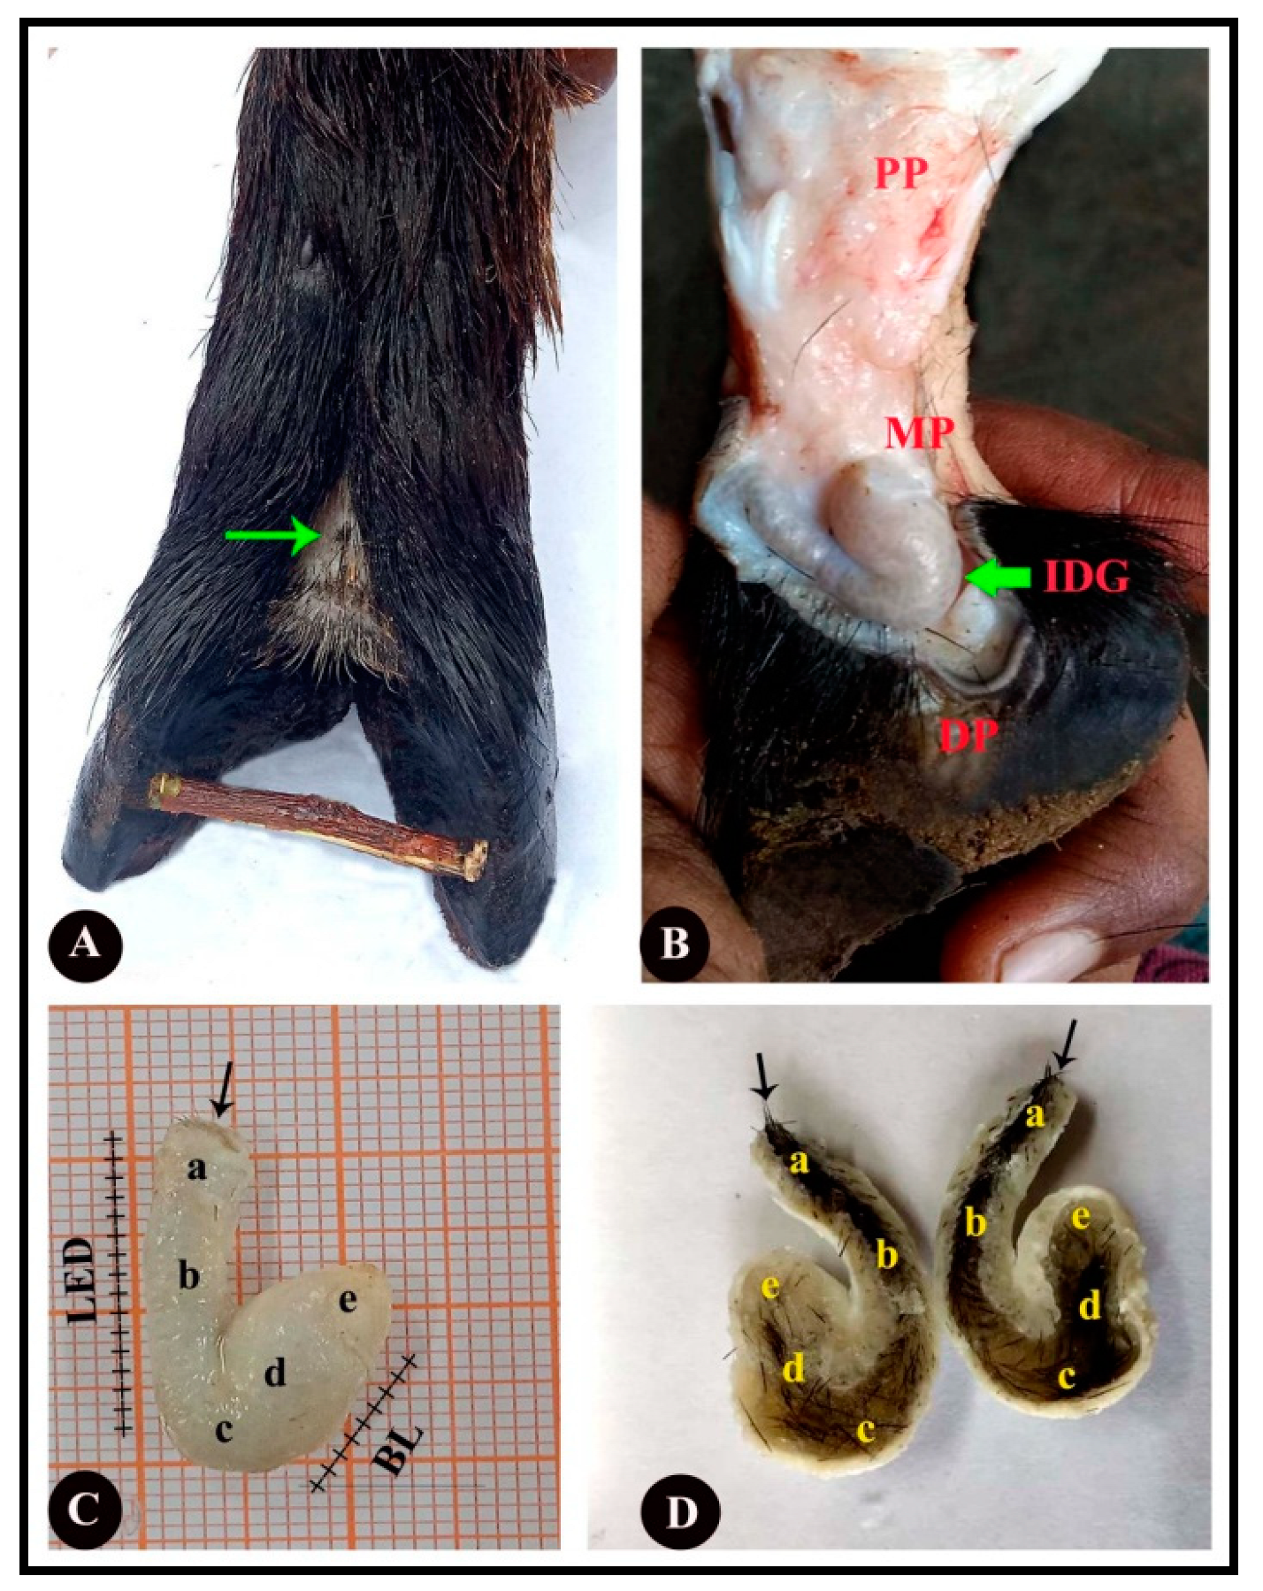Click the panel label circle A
(x=85, y=944)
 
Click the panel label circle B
(x=676, y=943)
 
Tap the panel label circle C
(x=85, y=1509)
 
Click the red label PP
(x=901, y=173)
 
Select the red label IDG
(x=1086, y=577)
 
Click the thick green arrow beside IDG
(x=999, y=578)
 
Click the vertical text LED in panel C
(x=81, y=1280)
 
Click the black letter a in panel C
(x=196, y=1167)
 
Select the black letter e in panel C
(x=348, y=1300)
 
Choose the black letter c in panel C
(x=224, y=1428)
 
